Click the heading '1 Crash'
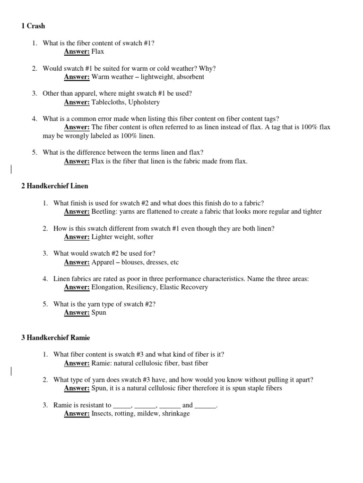(33, 26)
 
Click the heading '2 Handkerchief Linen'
(55, 186)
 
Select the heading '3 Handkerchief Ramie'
(55, 338)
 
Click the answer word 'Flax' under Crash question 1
(98, 51)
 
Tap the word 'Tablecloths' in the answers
(109, 102)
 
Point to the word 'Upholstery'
(144, 102)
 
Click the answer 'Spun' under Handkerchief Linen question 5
(99, 312)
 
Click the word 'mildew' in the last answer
(148, 414)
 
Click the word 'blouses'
(135, 262)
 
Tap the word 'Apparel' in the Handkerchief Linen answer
(103, 262)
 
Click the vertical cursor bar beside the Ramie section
(11, 371)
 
